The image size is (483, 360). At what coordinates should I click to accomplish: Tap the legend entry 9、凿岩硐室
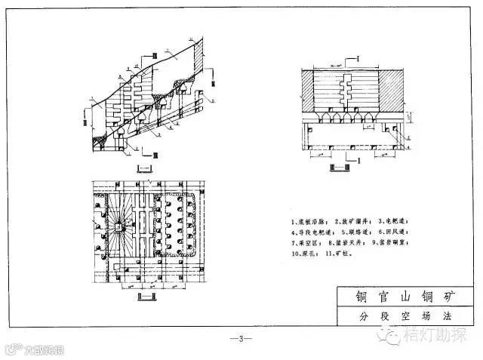(x=393, y=245)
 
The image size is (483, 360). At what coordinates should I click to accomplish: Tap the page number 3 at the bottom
(x=240, y=337)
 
